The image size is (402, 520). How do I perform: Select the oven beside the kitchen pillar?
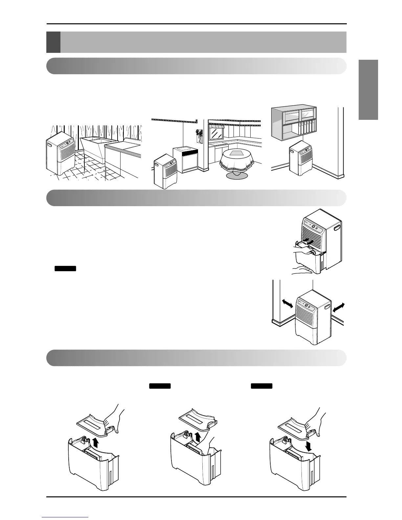[186, 159]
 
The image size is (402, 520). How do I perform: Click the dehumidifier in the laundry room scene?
[60, 153]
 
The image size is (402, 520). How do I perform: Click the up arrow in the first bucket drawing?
[96, 443]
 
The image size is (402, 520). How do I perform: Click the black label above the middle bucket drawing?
[160, 386]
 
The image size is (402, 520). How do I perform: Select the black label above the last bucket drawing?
[262, 386]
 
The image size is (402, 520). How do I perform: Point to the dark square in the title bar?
[53, 42]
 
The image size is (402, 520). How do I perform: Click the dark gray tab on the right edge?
[368, 90]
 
